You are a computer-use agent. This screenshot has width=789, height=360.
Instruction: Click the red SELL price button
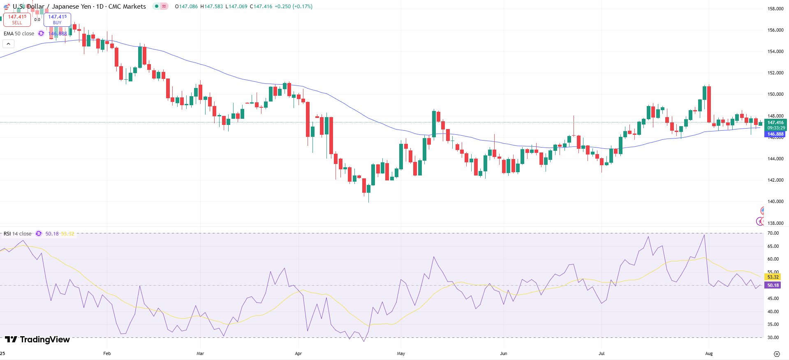click(x=17, y=19)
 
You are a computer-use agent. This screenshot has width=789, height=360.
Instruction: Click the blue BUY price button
click(x=57, y=19)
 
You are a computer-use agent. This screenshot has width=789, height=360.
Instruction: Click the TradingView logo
click(x=37, y=339)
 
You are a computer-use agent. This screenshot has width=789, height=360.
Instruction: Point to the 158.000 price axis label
click(x=775, y=9)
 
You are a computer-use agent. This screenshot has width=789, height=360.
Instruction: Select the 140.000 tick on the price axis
click(x=775, y=201)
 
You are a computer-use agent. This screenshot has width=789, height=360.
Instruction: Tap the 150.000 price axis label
click(x=775, y=94)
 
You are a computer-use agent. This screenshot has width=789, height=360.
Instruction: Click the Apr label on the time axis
click(x=298, y=353)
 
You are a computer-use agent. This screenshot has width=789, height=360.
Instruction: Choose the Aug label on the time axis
click(x=709, y=353)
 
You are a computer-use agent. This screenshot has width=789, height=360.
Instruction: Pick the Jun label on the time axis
click(x=503, y=353)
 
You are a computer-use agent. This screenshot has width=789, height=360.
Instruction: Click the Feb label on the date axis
click(x=107, y=353)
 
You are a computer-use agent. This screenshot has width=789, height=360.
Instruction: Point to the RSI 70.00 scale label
click(x=773, y=233)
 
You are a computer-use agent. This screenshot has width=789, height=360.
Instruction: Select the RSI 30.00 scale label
click(x=773, y=337)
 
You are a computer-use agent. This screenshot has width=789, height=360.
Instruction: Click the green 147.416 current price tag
click(x=775, y=122)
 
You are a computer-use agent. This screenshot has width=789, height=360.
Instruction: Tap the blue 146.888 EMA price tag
click(x=775, y=134)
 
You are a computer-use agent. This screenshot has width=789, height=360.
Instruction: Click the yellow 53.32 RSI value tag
click(x=773, y=277)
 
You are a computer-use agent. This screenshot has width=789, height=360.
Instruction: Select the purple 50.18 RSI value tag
click(x=773, y=285)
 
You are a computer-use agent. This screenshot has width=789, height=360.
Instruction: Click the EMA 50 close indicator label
click(x=19, y=34)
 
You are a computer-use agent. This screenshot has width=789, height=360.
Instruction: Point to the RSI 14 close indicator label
click(x=18, y=234)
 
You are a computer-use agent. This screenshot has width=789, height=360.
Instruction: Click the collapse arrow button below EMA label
click(x=9, y=44)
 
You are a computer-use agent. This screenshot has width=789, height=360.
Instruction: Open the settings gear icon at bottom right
click(x=777, y=354)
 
